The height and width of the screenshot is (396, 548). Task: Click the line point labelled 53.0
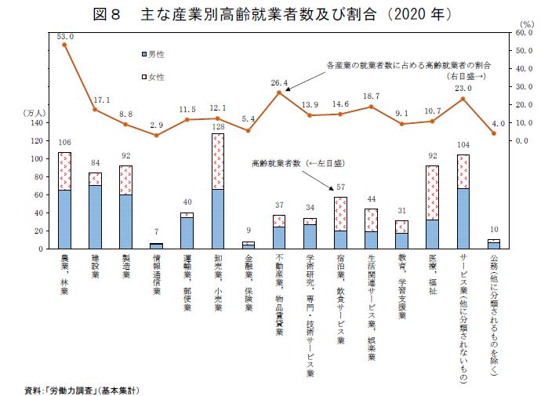tap(64, 45)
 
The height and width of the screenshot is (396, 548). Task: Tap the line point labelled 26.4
tap(279, 93)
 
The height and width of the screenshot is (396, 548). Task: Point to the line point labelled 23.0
tap(463, 99)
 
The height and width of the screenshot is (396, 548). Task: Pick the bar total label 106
tap(64, 143)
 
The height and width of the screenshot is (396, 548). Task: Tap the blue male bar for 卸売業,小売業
tap(217, 219)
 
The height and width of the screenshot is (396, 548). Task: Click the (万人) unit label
tap(37, 112)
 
